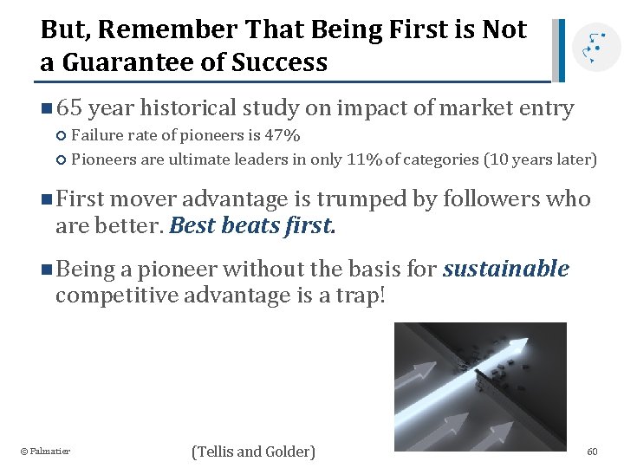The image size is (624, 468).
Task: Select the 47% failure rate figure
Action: click(x=283, y=136)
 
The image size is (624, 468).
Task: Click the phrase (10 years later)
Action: click(x=540, y=159)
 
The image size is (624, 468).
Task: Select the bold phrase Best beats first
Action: click(x=252, y=226)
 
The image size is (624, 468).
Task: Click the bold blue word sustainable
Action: click(x=506, y=269)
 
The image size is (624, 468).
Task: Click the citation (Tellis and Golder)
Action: click(x=254, y=452)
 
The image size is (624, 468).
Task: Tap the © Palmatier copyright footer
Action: click(x=45, y=452)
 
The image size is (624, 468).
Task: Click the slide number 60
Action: click(x=592, y=452)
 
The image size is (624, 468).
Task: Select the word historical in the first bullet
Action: click(x=188, y=108)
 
